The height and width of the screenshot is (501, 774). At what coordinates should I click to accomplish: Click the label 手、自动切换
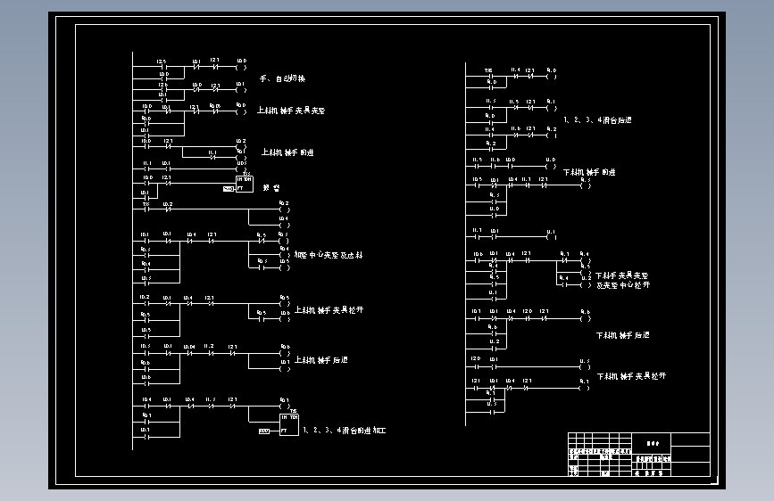(281, 79)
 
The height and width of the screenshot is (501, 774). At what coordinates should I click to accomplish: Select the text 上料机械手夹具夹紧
(291, 111)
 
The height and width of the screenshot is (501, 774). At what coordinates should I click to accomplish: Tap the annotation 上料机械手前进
(287, 152)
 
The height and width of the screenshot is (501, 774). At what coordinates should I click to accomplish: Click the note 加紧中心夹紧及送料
(328, 255)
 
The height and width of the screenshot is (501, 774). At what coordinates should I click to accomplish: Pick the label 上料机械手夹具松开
(329, 310)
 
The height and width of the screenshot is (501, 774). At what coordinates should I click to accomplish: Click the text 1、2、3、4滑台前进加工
(344, 431)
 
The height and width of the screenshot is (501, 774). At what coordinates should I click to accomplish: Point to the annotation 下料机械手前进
(588, 171)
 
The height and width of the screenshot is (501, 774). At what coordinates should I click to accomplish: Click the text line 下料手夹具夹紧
(621, 275)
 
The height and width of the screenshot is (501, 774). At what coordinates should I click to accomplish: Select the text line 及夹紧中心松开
(622, 285)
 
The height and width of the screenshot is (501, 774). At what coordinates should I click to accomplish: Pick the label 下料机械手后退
(622, 335)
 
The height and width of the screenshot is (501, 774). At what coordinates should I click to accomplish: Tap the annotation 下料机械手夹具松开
(630, 377)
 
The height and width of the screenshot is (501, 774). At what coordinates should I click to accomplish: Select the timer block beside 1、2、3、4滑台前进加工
(288, 423)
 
